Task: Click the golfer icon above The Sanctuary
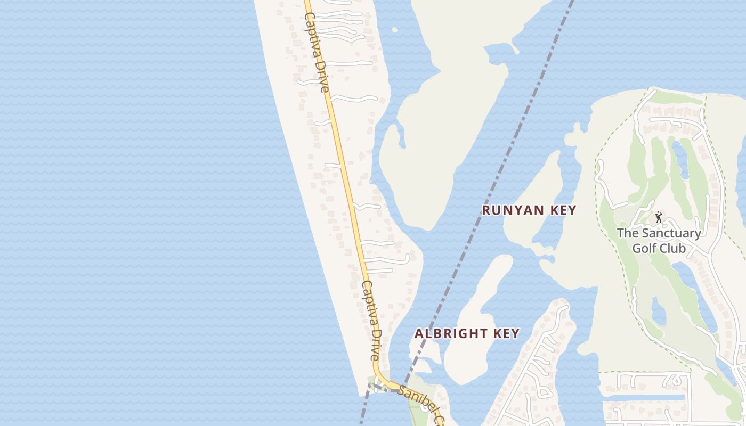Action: [659, 217]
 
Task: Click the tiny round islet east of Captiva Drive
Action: [395, 29]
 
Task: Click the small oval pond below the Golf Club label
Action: [659, 312]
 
